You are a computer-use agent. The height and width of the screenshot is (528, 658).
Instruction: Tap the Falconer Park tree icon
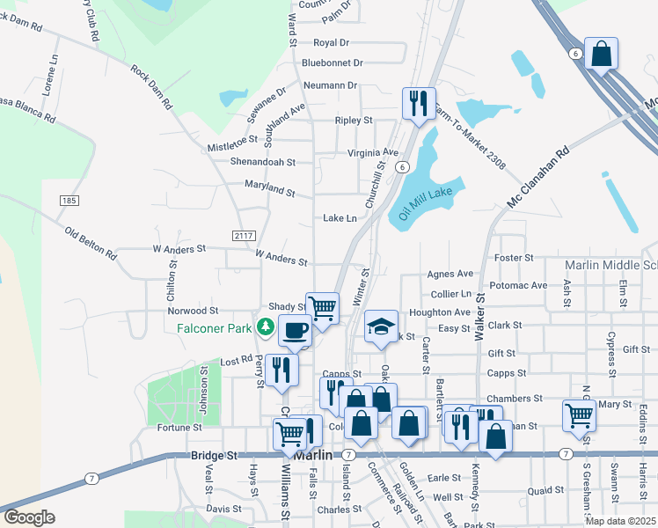tap(265, 327)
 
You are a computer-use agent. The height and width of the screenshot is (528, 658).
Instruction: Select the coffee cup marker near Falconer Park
tap(295, 330)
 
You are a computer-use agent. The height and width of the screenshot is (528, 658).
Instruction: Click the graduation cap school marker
tap(380, 326)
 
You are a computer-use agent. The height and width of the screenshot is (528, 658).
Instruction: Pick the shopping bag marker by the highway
tap(602, 54)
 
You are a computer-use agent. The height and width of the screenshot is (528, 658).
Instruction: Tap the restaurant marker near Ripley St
tap(415, 102)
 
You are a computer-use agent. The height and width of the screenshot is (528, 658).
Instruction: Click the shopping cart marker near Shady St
tap(322, 308)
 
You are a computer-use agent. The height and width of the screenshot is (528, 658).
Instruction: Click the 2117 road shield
tap(244, 235)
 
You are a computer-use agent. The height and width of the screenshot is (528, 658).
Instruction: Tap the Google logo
tap(29, 517)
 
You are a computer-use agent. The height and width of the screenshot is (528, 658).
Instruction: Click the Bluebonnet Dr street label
tap(332, 63)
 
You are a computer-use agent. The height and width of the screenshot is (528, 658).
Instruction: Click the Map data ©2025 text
tap(620, 520)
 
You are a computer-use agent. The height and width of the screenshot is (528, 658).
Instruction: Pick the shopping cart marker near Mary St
tap(578, 414)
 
